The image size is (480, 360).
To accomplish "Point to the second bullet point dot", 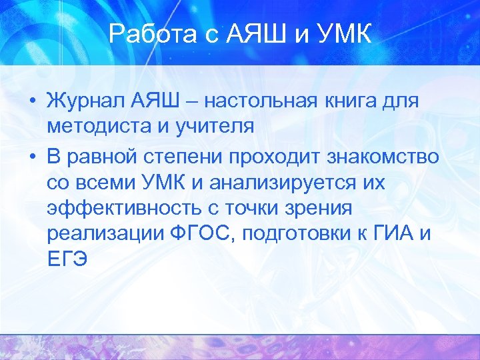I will coord(31,158).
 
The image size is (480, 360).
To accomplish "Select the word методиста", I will coord(94,126).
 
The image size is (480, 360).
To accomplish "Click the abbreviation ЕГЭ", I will coord(67,258).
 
